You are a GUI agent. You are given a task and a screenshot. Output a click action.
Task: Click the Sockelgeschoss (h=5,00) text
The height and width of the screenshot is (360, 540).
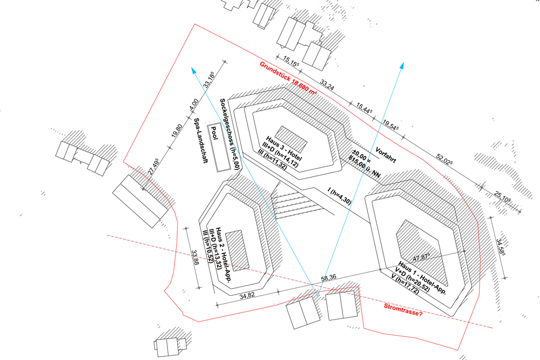[x=231, y=134]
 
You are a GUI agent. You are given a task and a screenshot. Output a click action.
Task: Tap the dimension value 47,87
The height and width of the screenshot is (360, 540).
[x=423, y=257]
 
